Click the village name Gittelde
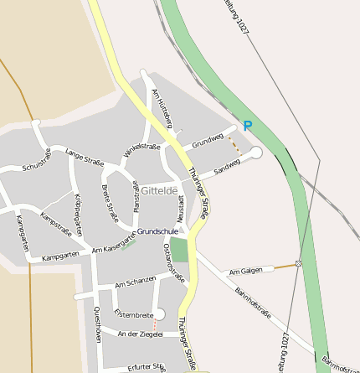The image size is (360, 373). tap(159, 191)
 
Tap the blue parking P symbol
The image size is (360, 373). tap(247, 126)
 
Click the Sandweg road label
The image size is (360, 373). tap(226, 167)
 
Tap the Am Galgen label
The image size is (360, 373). tap(251, 271)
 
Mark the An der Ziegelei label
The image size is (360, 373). tap(140, 334)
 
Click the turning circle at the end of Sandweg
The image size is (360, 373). tap(256, 153)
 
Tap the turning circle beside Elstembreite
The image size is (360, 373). tap(160, 314)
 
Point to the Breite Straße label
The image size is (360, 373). tap(110, 202)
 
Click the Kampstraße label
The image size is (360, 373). tap(56, 224)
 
